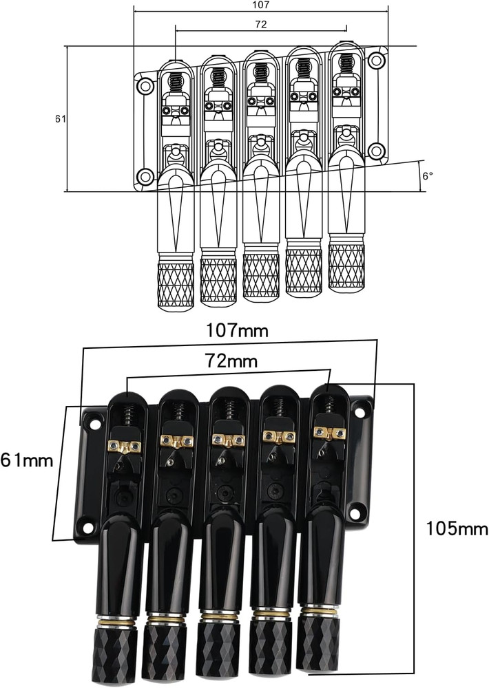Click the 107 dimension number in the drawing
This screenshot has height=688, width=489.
click(x=261, y=5)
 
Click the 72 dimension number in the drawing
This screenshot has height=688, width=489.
click(x=260, y=23)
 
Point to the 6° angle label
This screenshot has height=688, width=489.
click(x=428, y=175)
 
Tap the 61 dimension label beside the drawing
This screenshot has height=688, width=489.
click(x=61, y=118)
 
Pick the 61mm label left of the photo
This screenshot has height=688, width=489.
click(x=27, y=460)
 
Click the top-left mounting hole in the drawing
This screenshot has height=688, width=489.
click(x=145, y=86)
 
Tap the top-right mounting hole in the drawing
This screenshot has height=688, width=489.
click(x=376, y=60)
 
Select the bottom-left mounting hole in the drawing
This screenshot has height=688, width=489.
click(x=145, y=177)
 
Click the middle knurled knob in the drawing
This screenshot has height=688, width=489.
click(x=260, y=277)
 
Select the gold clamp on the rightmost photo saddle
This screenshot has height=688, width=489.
click(x=329, y=432)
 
